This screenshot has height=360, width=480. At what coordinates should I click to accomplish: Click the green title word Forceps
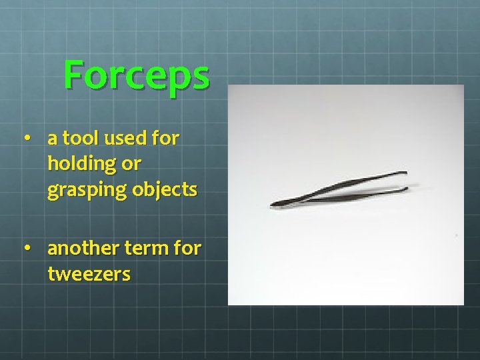pos(137,75)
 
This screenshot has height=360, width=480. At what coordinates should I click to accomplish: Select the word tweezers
pos(89,274)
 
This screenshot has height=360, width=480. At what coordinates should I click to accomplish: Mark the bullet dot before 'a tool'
pos(27,139)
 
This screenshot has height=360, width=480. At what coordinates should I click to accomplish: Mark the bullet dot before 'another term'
pos(27,249)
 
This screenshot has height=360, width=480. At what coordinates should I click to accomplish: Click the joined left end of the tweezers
pos(275,204)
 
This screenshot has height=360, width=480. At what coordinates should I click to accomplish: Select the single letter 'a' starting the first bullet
pos(52,139)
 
